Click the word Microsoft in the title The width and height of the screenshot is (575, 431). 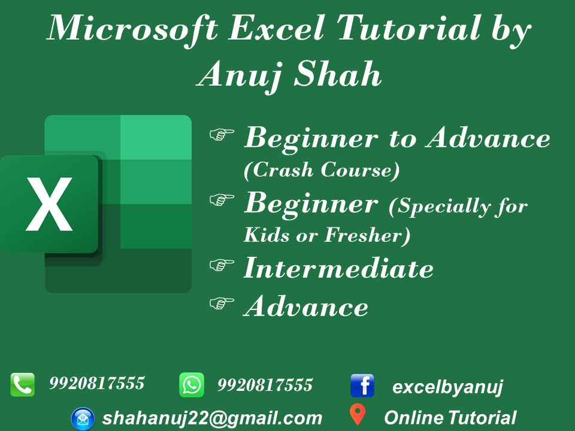[x=133, y=29]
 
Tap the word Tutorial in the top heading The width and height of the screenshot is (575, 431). [x=408, y=28]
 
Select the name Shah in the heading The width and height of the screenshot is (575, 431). [x=338, y=74]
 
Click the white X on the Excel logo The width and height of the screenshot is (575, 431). [x=49, y=204]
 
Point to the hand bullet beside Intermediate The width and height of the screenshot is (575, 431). [x=222, y=264]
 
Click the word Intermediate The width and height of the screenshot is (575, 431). [x=338, y=268]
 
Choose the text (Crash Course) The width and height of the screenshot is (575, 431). [x=322, y=170]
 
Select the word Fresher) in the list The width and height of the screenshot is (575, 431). [x=367, y=235]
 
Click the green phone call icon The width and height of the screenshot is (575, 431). [x=23, y=385]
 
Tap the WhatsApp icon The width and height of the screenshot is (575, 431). [x=192, y=385]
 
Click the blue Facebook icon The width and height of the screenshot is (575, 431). [x=362, y=386]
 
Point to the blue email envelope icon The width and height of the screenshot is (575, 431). [x=83, y=419]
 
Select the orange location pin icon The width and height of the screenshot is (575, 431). [x=358, y=414]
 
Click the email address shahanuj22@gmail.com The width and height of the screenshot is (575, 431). [x=212, y=418]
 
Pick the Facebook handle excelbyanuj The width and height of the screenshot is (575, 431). [x=448, y=387]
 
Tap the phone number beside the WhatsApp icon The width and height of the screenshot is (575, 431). [x=265, y=385]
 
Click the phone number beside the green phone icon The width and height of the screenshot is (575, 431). [x=97, y=383]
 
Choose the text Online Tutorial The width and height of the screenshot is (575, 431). [x=450, y=417]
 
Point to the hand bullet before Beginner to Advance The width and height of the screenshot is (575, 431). [x=222, y=134]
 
